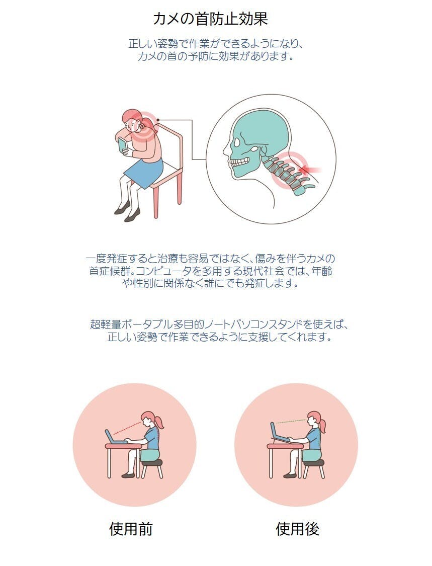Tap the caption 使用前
(131, 529)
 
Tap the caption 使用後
(297, 529)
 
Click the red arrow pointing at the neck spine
(310, 169)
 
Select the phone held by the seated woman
(122, 145)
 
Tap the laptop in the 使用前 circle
(115, 437)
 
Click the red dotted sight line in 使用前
(127, 427)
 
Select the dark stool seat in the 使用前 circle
(152, 463)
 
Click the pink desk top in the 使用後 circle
(285, 447)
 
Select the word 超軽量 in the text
(106, 324)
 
